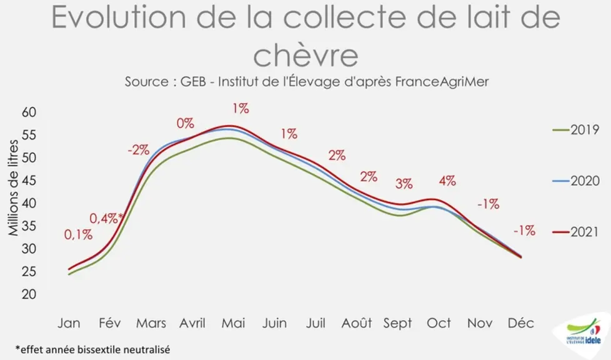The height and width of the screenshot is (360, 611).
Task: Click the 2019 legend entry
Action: pyautogui.click(x=575, y=129)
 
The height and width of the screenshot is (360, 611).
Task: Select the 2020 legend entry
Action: pyautogui.click(x=575, y=181)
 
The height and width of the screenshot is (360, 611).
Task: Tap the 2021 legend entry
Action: pyautogui.click(x=575, y=232)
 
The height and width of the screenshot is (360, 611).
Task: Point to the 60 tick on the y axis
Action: pyautogui.click(x=29, y=112)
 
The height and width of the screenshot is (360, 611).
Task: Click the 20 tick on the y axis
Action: pyautogui.click(x=29, y=294)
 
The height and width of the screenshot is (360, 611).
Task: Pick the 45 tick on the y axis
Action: pyautogui.click(x=29, y=181)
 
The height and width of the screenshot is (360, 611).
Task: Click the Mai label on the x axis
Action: pyautogui.click(x=234, y=323)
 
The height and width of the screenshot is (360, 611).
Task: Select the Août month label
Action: pyautogui.click(x=357, y=323)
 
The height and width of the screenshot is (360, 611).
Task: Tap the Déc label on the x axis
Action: pyautogui.click(x=520, y=323)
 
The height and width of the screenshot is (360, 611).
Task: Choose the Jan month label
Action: pyautogui.click(x=69, y=323)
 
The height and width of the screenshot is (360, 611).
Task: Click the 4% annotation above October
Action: pyautogui.click(x=447, y=181)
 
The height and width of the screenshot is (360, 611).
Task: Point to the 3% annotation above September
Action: pyautogui.click(x=404, y=184)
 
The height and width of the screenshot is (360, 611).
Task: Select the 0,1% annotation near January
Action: pyautogui.click(x=78, y=235)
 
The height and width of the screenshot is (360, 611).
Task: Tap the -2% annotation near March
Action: pyautogui.click(x=138, y=150)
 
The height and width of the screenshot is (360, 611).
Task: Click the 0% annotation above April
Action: pyautogui.click(x=185, y=123)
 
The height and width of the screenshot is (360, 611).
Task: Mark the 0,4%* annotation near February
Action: pyautogui.click(x=106, y=218)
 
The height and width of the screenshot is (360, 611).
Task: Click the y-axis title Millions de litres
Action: pyautogui.click(x=13, y=188)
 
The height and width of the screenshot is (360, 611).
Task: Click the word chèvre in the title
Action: pyautogui.click(x=306, y=55)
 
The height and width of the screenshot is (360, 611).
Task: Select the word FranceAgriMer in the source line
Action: pyautogui.click(x=442, y=82)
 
